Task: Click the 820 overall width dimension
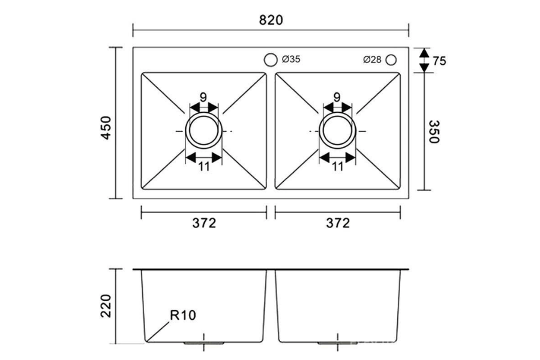coord(271,19)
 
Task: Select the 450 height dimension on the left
coord(106,128)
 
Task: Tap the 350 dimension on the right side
coord(434,131)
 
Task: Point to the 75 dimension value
coord(439,61)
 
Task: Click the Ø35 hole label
coord(291,59)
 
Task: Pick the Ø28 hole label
coord(372,59)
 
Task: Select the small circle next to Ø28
coord(391,59)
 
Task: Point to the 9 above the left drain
coord(203,97)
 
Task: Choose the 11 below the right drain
coord(337,167)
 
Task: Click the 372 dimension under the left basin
coord(203,223)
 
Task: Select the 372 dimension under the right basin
coord(338,223)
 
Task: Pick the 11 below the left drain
coord(204,167)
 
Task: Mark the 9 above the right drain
coord(337,97)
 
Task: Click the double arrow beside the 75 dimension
coord(424,60)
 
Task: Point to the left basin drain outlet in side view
coord(205,343)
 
